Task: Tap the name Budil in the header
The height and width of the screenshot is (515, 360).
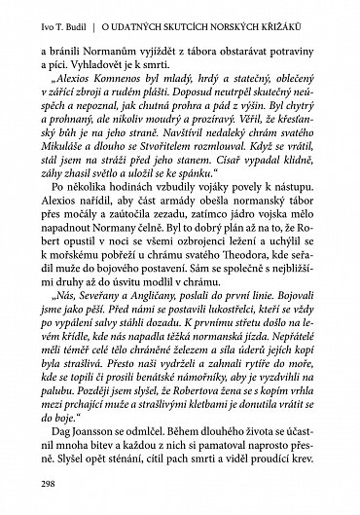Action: click(87, 15)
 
